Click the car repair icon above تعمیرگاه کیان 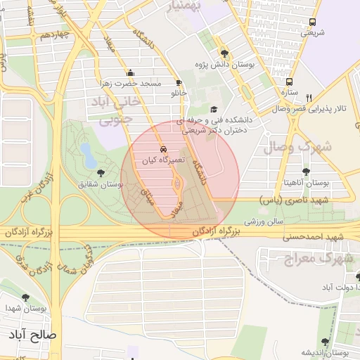164,150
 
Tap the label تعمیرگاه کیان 163,160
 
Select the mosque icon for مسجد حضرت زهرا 130,72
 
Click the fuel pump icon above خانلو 179,82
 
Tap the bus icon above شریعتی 313,22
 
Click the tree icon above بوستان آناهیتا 305,172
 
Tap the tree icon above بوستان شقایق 101,173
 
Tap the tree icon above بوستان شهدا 26,298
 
